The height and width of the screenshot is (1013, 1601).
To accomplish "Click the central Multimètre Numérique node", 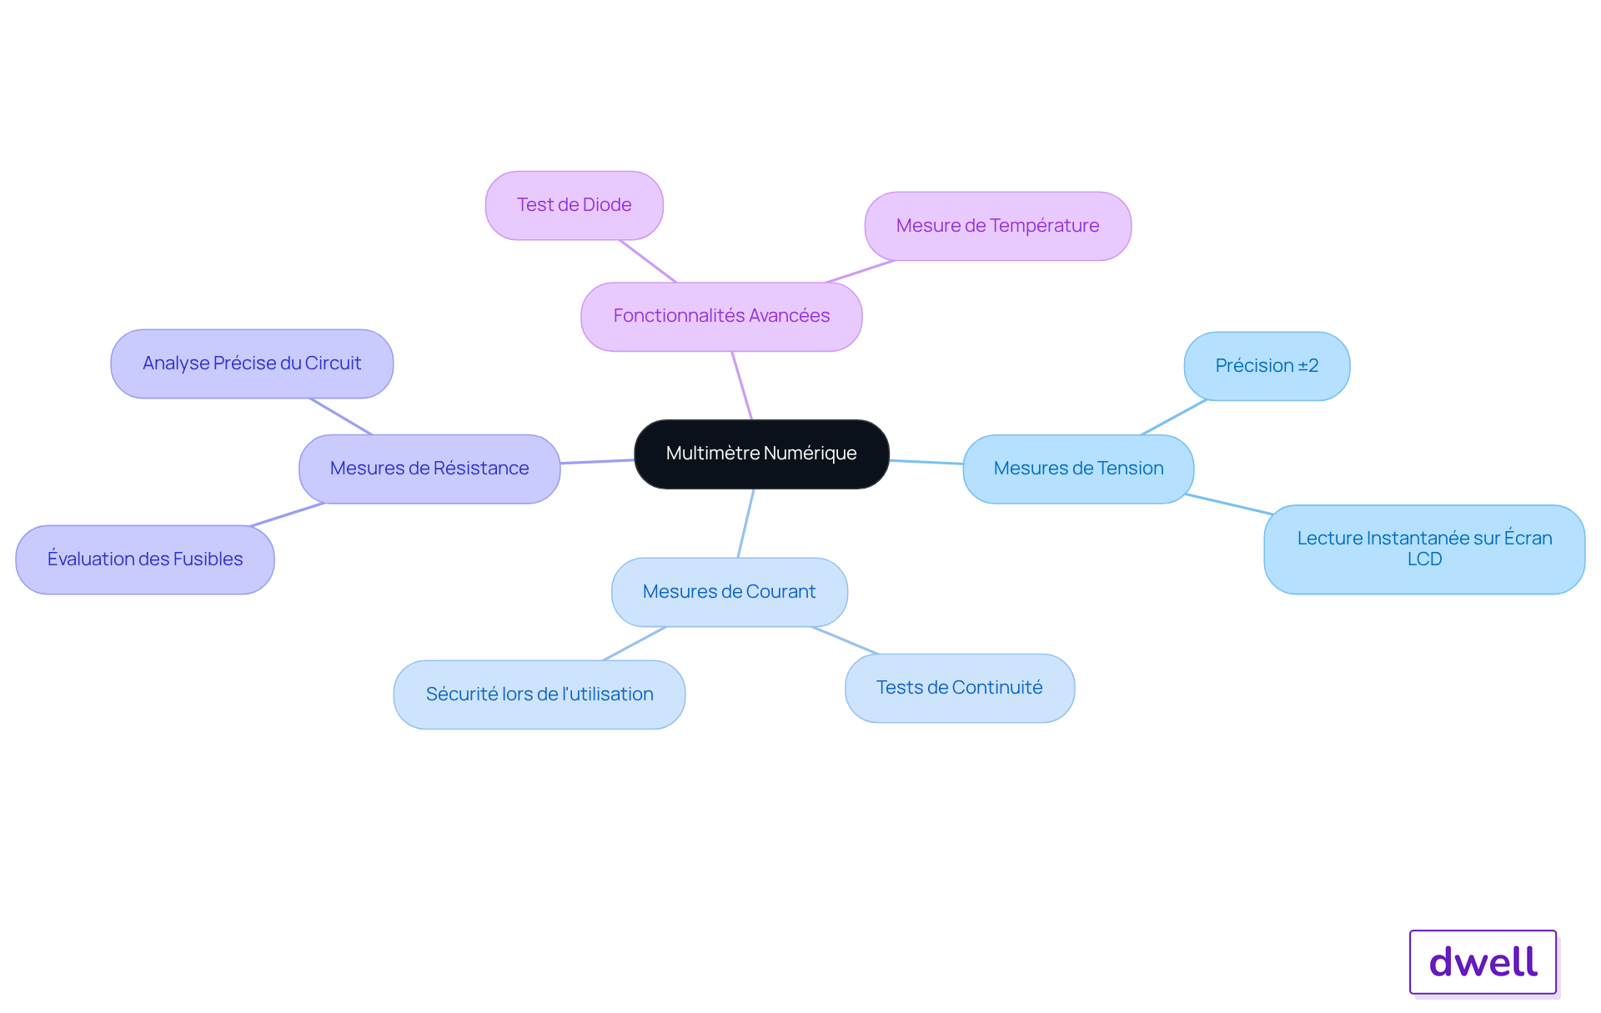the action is click(x=761, y=454).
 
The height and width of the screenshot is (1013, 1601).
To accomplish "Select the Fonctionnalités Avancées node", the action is click(x=721, y=316).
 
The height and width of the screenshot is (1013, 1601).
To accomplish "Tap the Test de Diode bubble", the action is click(x=574, y=205).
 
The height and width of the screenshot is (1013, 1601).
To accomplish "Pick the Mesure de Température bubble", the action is click(x=997, y=226).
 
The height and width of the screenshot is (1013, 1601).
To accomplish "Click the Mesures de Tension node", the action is click(x=1078, y=469).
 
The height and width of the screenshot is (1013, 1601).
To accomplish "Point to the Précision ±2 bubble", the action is click(x=1267, y=366).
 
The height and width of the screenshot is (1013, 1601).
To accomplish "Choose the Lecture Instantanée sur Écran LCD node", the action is click(x=1424, y=549).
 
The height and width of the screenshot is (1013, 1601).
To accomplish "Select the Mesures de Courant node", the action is click(x=729, y=592).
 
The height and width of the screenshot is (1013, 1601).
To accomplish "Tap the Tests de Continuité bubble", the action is click(x=959, y=688).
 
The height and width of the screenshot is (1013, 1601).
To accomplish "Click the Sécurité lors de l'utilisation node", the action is click(x=539, y=695).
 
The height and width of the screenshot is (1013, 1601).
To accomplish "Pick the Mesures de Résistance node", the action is click(x=429, y=469).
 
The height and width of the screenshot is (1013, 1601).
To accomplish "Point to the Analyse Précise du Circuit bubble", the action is click(x=252, y=364).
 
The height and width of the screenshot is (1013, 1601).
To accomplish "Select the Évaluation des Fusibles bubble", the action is click(x=145, y=559).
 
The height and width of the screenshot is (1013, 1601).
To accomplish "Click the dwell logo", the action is click(x=1483, y=962).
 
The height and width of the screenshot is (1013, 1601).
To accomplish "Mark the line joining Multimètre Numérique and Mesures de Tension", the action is click(x=926, y=462).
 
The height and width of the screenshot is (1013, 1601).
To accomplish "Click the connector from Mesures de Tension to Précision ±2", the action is click(x=1173, y=417).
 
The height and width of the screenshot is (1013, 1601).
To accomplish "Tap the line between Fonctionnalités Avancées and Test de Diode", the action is click(x=648, y=261).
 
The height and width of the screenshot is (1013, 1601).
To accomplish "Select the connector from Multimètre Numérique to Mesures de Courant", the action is click(x=745, y=523).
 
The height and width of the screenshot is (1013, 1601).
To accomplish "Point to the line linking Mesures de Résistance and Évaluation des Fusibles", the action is click(x=287, y=514).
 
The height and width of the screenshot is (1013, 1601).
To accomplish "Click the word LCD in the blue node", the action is click(x=1424, y=559).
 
